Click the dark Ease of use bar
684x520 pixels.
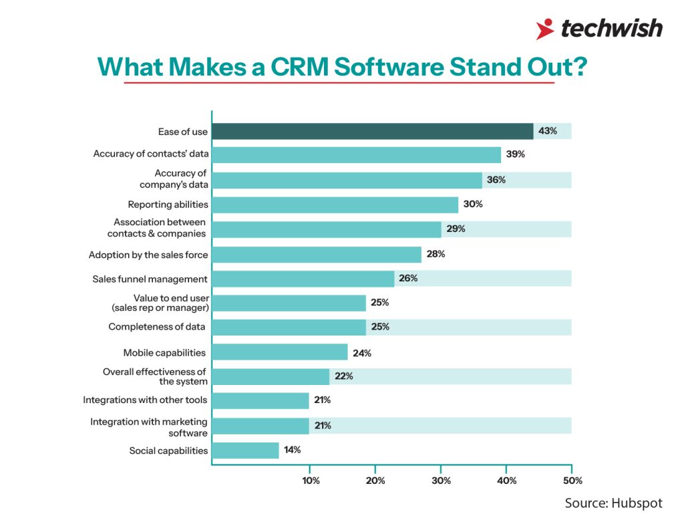click(372, 131)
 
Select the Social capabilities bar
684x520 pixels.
click(245, 450)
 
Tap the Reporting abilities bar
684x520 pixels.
click(335, 205)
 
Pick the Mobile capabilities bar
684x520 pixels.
click(279, 352)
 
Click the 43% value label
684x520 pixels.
click(548, 131)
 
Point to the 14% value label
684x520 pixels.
click(292, 450)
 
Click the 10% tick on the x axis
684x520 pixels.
click(311, 481)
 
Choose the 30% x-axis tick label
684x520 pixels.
click(442, 481)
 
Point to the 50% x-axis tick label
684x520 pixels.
click(572, 481)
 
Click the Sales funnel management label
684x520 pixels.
click(150, 279)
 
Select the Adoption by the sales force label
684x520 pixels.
click(148, 255)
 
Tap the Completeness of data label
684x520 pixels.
click(157, 327)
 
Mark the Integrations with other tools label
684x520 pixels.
click(145, 400)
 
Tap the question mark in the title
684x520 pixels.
click(578, 68)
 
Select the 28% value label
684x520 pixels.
click(436, 254)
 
